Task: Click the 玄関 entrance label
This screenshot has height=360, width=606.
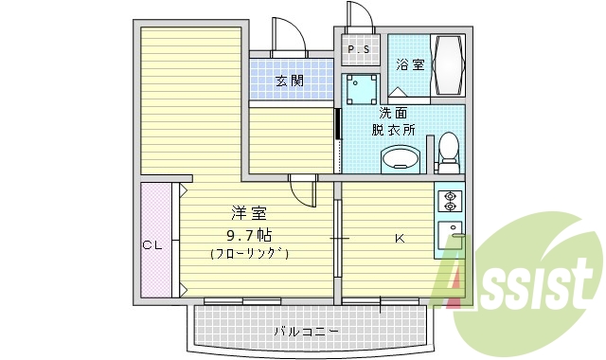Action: click(290, 81)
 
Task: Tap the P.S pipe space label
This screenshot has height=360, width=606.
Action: click(359, 49)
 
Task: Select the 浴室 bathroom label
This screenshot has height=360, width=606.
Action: click(409, 65)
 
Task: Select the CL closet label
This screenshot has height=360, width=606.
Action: click(153, 245)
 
